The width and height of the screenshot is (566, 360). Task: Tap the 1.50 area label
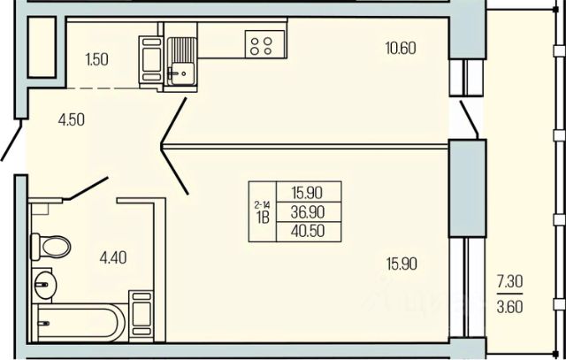[98, 59]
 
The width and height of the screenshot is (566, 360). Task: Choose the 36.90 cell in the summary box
[309, 211]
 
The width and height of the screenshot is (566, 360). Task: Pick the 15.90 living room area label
[401, 263]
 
